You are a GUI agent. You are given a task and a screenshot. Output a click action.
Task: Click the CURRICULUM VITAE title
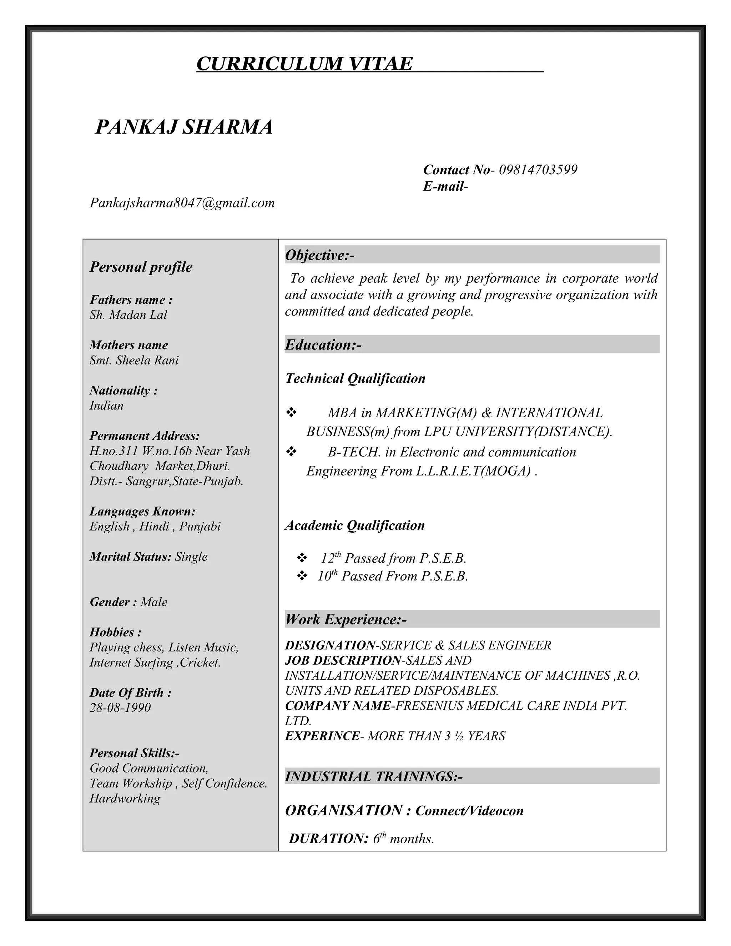pyautogui.click(x=304, y=64)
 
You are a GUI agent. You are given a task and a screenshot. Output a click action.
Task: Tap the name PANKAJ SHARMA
pyautogui.click(x=184, y=127)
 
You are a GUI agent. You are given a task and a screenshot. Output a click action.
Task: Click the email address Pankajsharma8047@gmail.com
pyautogui.click(x=182, y=203)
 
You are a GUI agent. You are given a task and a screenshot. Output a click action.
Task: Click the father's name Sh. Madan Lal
pyautogui.click(x=128, y=315)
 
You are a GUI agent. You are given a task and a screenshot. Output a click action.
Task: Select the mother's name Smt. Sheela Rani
pyautogui.click(x=134, y=361)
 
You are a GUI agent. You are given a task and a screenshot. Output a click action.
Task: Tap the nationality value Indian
pyautogui.click(x=106, y=406)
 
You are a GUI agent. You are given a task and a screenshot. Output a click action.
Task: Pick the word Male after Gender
pyautogui.click(x=154, y=602)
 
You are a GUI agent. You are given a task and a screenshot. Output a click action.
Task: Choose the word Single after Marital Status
pyautogui.click(x=191, y=557)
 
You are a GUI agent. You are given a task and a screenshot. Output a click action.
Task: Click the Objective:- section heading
pyautogui.click(x=319, y=255)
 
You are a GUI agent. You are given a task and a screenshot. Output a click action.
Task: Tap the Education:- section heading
pyautogui.click(x=323, y=345)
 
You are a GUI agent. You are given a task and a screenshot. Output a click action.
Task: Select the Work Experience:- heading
pyautogui.click(x=346, y=619)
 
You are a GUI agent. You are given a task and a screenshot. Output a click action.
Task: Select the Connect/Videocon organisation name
pyautogui.click(x=469, y=811)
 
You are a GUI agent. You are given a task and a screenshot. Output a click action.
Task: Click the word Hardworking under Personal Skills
pyautogui.click(x=125, y=798)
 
